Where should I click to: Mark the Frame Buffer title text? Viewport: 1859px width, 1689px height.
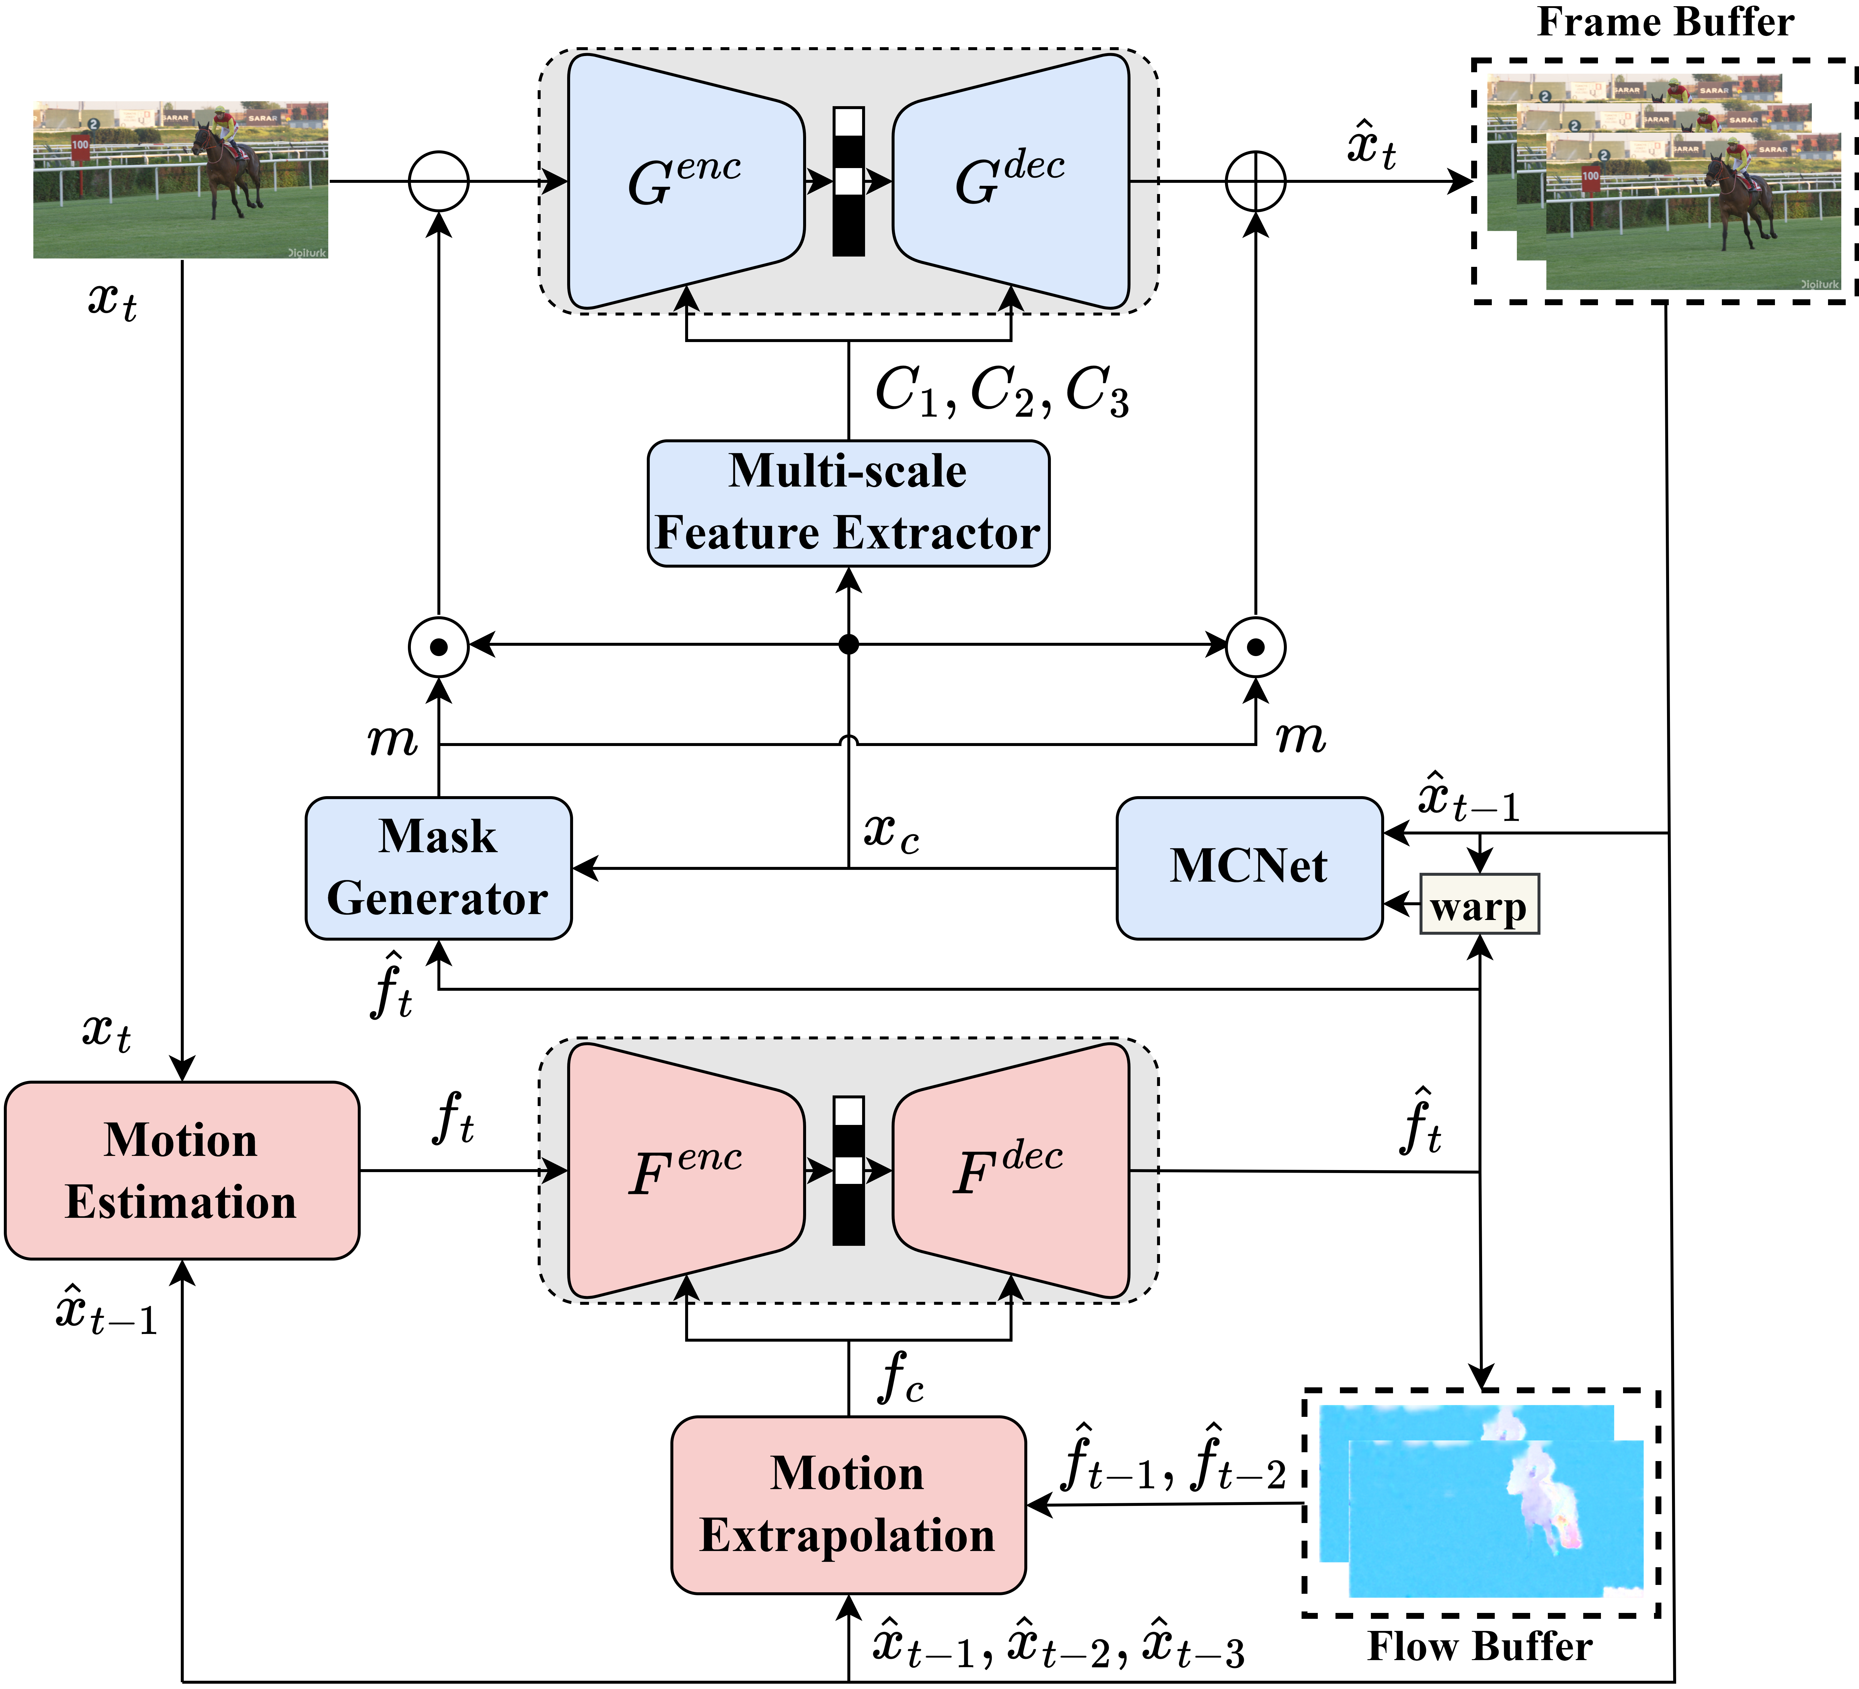(1664, 22)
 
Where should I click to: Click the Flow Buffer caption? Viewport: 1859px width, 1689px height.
(1479, 1646)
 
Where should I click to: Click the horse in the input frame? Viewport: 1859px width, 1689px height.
(226, 166)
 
